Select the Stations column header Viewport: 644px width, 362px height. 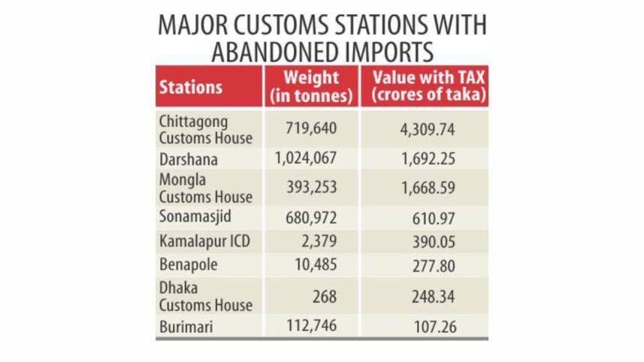pos(191,86)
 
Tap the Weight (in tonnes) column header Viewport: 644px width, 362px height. pos(311,86)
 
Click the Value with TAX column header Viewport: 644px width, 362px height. pos(424,86)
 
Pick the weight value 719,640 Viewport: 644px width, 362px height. pos(311,128)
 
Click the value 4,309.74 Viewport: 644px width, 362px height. pos(426,129)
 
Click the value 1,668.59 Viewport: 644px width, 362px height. pos(426,188)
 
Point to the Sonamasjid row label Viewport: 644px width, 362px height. pos(194,218)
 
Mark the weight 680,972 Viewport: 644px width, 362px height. pos(311,218)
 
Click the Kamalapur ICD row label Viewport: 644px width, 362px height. pos(199,242)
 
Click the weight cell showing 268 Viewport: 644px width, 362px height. pos(325,296)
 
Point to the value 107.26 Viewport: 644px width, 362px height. pos(434,327)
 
